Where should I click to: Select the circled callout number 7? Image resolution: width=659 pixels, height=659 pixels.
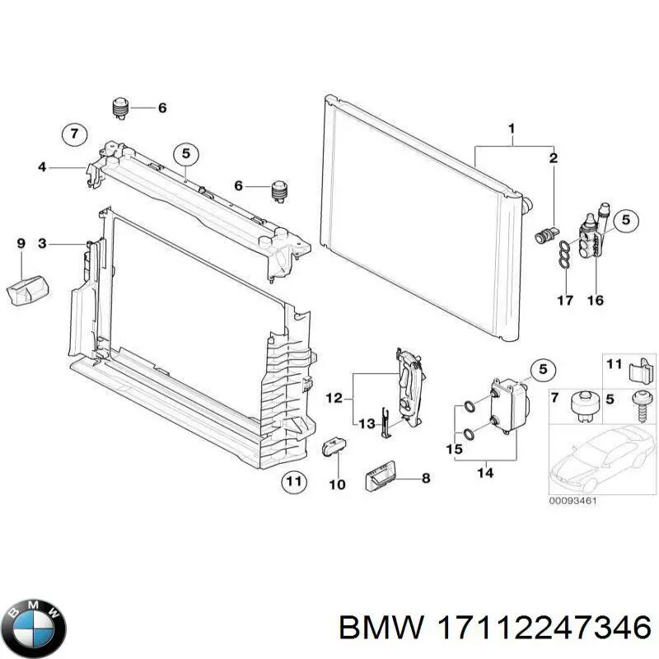[x=73, y=133]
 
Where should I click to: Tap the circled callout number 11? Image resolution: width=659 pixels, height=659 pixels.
[x=293, y=482]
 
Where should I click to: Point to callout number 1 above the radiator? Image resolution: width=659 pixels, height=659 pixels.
[x=512, y=129]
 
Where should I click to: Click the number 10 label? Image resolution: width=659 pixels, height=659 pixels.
[x=338, y=484]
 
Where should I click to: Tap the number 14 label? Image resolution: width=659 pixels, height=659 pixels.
[x=486, y=473]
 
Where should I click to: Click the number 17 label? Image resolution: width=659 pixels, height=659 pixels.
[x=564, y=301]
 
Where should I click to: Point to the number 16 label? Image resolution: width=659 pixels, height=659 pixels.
[x=595, y=301]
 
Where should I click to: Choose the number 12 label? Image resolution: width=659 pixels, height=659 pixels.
[x=334, y=399]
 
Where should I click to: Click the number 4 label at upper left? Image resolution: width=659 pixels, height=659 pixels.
[x=43, y=168]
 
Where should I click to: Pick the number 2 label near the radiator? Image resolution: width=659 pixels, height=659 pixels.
[x=554, y=157]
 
